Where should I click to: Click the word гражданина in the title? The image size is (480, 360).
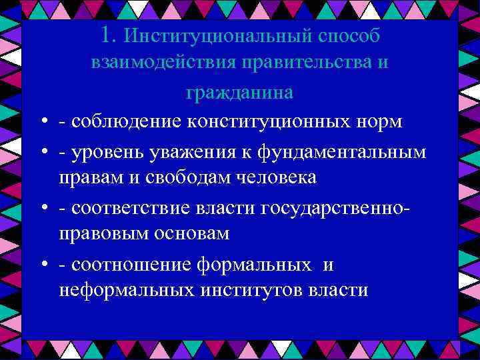pos(239,93)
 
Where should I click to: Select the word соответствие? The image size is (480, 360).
pos(133,208)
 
